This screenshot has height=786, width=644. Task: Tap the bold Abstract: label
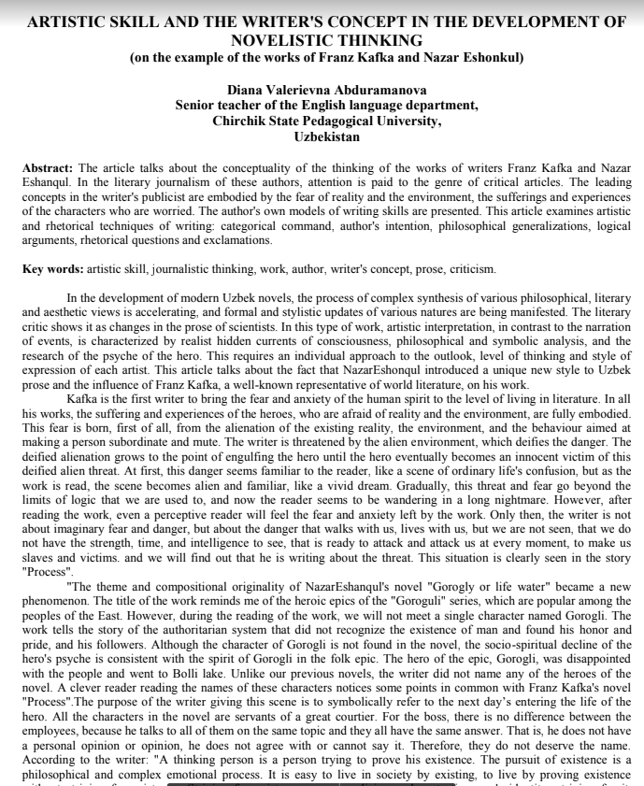[48, 167]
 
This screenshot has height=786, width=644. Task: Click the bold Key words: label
[52, 269]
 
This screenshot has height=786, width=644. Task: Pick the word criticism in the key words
[472, 269]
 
